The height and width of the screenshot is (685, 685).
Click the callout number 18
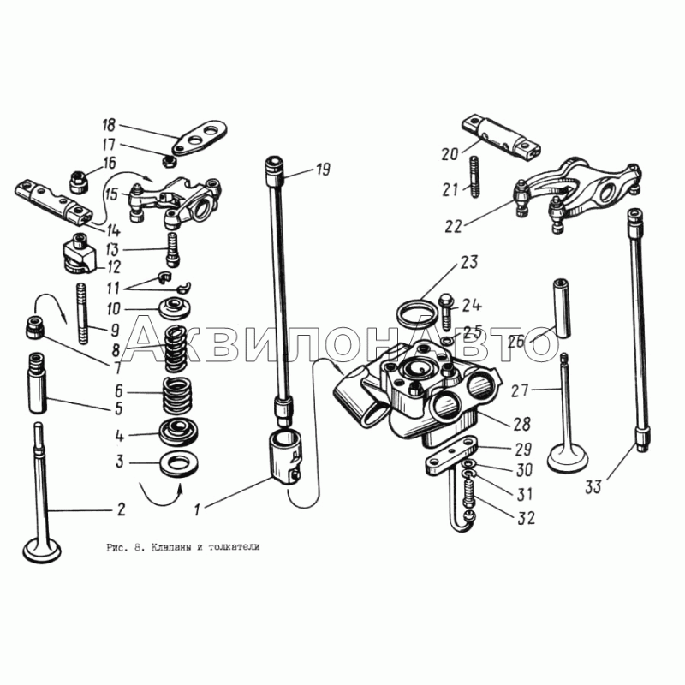point(109,125)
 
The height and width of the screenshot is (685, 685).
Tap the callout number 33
point(593,486)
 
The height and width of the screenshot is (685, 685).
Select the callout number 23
point(468,262)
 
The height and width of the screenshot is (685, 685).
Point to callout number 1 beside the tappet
point(197,509)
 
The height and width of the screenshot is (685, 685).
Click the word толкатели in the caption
point(234,547)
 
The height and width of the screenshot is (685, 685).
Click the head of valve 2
point(42,551)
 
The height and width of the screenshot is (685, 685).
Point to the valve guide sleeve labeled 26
point(563,308)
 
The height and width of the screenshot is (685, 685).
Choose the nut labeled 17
point(169,161)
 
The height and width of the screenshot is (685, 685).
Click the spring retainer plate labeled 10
point(175,308)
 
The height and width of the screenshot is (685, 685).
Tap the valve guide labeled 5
point(38,383)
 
